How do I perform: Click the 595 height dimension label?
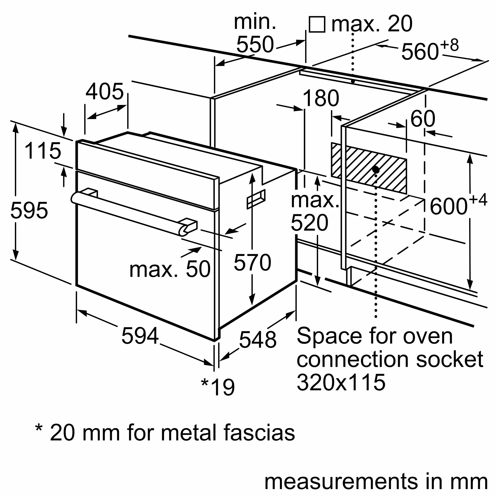click(29, 210)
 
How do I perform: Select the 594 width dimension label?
click(140, 336)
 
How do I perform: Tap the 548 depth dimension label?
click(257, 339)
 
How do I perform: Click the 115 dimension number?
click(43, 151)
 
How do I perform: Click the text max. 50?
click(170, 269)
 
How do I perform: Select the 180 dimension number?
click(321, 98)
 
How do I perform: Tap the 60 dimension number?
click(423, 119)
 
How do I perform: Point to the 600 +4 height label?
click(458, 205)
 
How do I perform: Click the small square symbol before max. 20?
click(317, 24)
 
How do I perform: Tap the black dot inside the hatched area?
click(376, 170)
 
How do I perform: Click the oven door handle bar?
click(129, 213)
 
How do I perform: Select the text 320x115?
click(341, 382)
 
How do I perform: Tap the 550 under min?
click(255, 44)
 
